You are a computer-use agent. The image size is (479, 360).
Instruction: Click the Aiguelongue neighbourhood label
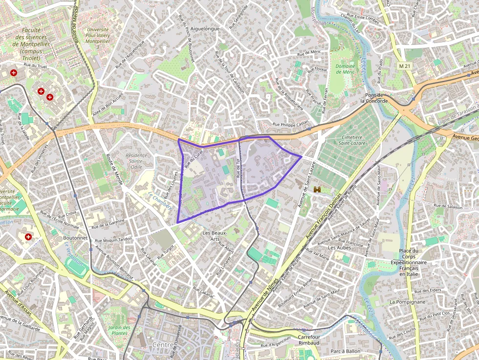click(x=205, y=29)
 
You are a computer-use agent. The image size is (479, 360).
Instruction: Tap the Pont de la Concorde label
click(x=374, y=98)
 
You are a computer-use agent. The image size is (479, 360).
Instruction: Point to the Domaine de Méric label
click(x=345, y=69)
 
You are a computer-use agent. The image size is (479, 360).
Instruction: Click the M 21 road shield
click(x=403, y=65)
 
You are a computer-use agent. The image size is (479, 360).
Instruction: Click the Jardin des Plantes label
click(x=119, y=330)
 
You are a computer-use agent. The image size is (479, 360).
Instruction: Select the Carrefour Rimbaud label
click(x=308, y=340)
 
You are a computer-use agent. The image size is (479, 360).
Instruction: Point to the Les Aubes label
click(x=339, y=248)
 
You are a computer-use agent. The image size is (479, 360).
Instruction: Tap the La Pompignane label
click(x=407, y=302)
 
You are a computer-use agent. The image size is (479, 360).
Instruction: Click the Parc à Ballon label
click(x=345, y=351)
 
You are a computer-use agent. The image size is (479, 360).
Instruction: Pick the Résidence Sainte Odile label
click(x=136, y=161)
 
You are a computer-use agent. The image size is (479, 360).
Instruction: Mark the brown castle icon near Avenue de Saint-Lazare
click(x=317, y=189)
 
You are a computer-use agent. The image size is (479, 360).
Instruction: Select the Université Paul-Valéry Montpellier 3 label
click(x=97, y=38)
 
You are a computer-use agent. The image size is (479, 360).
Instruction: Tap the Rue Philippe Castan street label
click(x=291, y=125)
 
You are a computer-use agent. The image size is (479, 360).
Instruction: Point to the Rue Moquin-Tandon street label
click(x=113, y=239)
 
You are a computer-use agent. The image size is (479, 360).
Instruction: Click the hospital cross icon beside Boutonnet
click(x=28, y=237)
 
